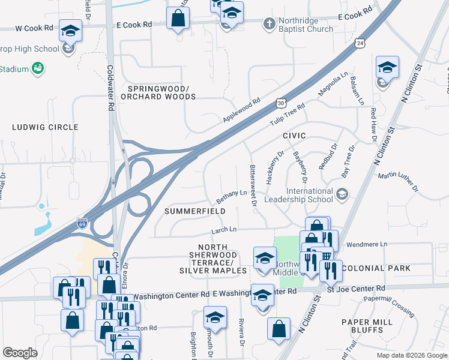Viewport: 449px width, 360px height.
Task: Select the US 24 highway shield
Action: tap(359, 43)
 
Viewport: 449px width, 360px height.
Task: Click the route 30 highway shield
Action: tap(281, 103)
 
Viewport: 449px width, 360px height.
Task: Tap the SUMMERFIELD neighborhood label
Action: tap(196, 211)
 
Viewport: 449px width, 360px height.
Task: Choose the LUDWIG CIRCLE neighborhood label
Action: tap(46, 127)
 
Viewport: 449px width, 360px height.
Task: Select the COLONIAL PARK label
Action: tap(376, 268)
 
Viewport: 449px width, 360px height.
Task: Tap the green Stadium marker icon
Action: tap(38, 68)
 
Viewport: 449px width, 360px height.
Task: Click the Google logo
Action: tap(20, 353)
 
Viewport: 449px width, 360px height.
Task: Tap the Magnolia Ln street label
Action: tap(333, 85)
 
